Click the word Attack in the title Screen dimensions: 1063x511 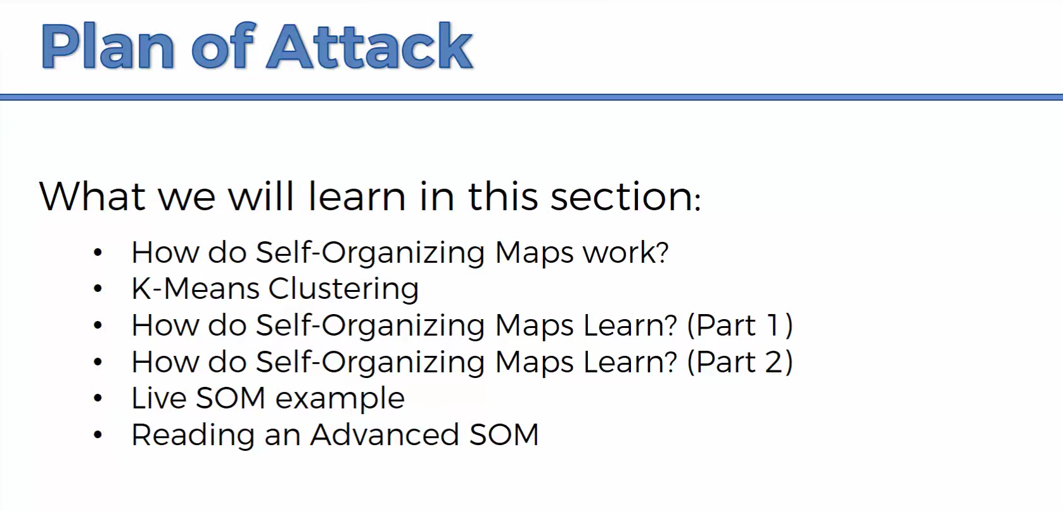(370, 46)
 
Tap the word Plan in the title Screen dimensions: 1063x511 (108, 46)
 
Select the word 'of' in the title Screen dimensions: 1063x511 (221, 46)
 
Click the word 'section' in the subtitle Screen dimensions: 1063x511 (626, 196)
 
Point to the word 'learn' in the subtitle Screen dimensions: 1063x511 (357, 196)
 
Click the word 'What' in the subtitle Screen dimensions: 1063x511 (92, 196)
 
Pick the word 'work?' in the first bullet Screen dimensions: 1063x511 (625, 253)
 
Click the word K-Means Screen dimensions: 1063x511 (196, 289)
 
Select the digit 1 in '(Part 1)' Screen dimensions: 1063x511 (773, 325)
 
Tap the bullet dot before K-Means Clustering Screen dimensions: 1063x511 (98, 289)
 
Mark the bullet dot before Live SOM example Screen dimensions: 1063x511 (98, 398)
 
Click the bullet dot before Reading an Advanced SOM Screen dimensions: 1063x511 (98, 434)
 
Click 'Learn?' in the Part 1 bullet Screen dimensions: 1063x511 (630, 325)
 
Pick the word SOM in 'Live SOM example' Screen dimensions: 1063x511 (231, 398)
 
